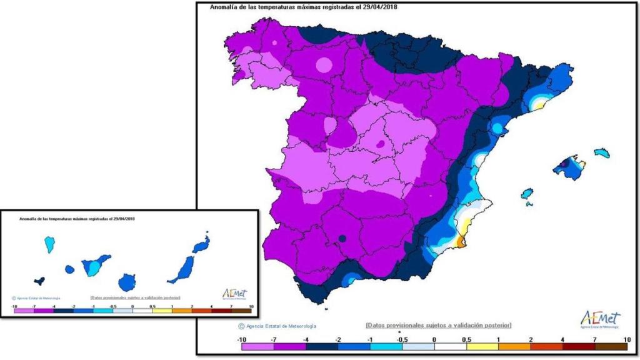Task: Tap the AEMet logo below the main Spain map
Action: tap(600, 318)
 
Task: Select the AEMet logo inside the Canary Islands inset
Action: tap(235, 294)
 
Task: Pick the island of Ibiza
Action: tap(527, 193)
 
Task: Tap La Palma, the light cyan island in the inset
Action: tap(49, 244)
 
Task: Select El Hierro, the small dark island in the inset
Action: tap(40, 281)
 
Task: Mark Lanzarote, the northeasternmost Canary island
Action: tap(201, 244)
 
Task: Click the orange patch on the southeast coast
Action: tap(461, 241)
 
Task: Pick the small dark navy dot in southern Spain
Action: tap(342, 238)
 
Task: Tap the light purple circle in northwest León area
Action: tap(324, 64)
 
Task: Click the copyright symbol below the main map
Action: tap(241, 326)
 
